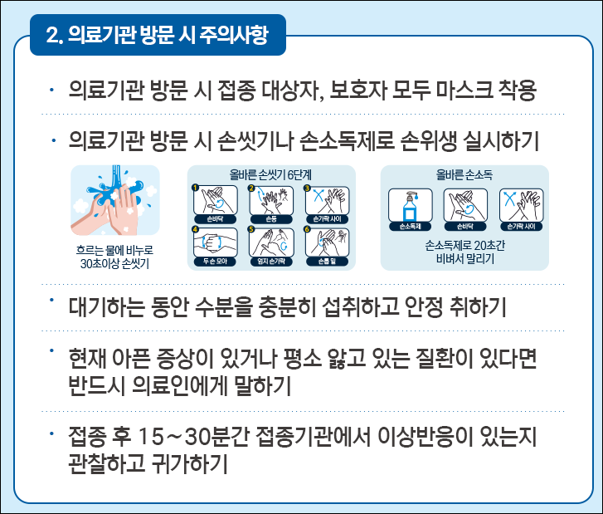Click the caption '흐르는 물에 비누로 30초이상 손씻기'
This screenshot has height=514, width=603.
(115, 257)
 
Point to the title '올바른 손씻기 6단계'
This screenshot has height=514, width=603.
(272, 175)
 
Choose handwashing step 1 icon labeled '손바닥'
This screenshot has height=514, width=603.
(215, 202)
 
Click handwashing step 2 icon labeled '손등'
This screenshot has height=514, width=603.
(271, 202)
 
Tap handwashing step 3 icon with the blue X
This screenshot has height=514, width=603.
(328, 202)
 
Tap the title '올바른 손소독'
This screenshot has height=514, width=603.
(464, 175)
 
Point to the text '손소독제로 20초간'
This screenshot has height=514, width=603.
(464, 246)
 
